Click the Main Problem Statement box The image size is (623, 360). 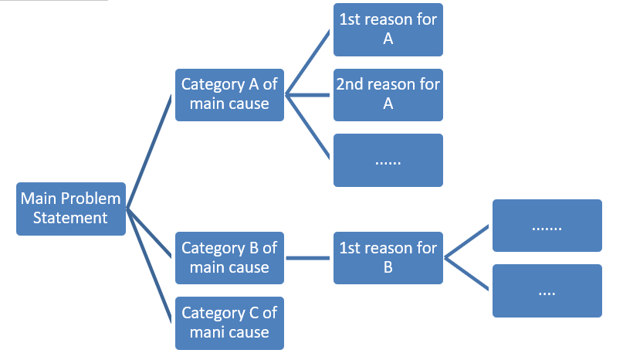click(71, 209)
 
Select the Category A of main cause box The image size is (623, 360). click(229, 94)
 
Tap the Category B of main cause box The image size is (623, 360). click(229, 257)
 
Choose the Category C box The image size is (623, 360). click(229, 323)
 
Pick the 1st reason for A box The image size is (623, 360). click(388, 29)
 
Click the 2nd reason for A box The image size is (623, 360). click(388, 94)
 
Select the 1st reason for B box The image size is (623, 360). click(388, 257)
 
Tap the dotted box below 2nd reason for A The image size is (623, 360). click(388, 160)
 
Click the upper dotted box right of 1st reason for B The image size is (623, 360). click(547, 226)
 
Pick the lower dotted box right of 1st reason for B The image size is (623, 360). click(547, 290)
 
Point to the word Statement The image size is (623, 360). click(70, 218)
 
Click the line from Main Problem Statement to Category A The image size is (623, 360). click(149, 151)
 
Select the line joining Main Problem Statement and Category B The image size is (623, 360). click(149, 233)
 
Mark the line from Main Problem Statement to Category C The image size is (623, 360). click(148, 264)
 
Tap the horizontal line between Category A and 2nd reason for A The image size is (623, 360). click(309, 95)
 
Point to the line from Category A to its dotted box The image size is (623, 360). click(309, 127)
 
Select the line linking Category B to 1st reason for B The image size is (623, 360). click(309, 257)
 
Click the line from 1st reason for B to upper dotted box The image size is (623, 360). click(467, 241)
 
